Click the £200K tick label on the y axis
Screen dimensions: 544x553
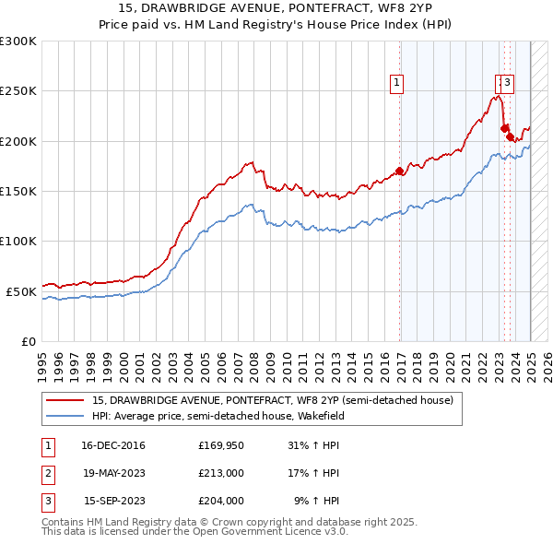(x=18, y=141)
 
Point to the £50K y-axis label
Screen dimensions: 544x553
(x=21, y=291)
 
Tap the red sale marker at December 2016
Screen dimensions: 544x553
(x=399, y=171)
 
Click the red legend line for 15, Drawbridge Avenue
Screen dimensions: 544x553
(x=65, y=401)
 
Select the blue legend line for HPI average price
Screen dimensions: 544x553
(x=65, y=416)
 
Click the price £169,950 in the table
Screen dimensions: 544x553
(x=220, y=446)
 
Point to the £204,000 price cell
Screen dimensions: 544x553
(x=220, y=502)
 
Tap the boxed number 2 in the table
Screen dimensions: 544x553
(x=47, y=474)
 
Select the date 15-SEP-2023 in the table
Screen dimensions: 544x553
(x=113, y=502)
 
